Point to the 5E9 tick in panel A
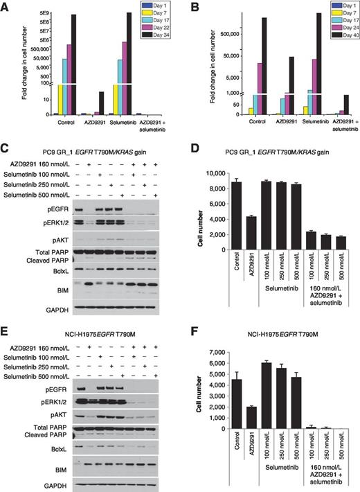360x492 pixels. (x=42, y=14)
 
